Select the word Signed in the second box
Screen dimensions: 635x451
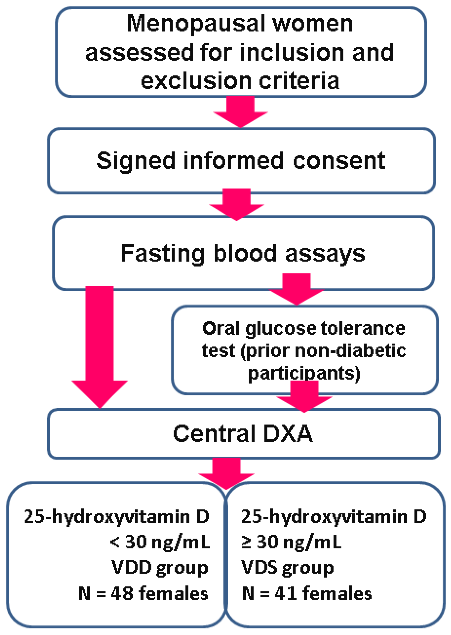pos(136,161)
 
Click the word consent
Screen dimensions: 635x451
pos(339,161)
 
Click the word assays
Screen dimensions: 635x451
pos(325,254)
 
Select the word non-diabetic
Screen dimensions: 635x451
pos(350,351)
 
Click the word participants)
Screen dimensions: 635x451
pos(304,373)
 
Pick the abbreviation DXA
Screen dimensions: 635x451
pos(288,434)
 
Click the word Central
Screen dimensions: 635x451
pos(214,434)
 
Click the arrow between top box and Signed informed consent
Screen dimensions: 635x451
pos(241,111)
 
